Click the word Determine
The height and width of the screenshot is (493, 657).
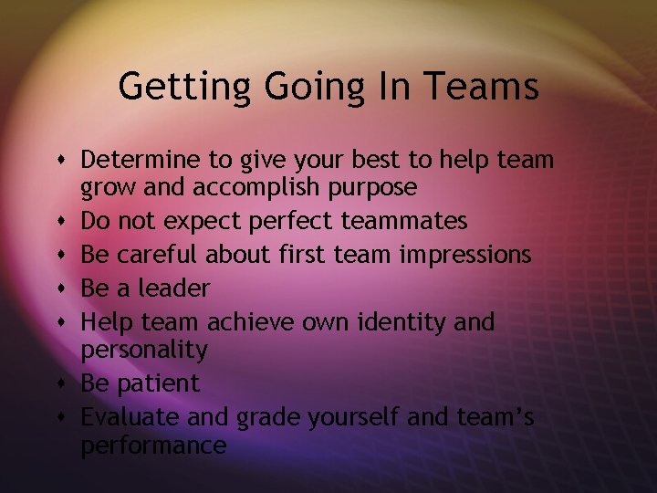coord(141,160)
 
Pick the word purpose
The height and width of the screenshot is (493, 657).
coord(375,189)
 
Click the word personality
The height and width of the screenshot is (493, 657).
coord(144,351)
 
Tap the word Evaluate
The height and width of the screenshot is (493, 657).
coord(130,417)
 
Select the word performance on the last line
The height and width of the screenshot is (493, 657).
coord(153,446)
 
